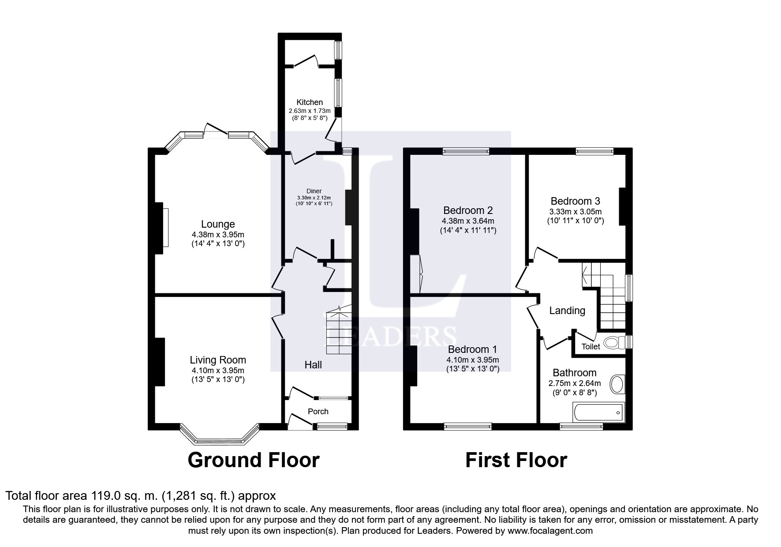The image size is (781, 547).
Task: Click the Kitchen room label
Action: pyautogui.click(x=310, y=102)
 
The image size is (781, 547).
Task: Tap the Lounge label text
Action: pyautogui.click(x=218, y=224)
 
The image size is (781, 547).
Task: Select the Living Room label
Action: pyautogui.click(x=218, y=360)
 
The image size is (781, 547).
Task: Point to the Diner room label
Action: pyautogui.click(x=314, y=191)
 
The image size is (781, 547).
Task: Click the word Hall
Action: pyautogui.click(x=313, y=365)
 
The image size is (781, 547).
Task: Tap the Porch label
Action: pyautogui.click(x=318, y=412)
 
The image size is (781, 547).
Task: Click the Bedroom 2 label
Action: pyautogui.click(x=468, y=210)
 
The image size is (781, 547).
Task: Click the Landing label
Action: pyautogui.click(x=567, y=311)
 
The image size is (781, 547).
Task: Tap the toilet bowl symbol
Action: pyautogui.click(x=614, y=342)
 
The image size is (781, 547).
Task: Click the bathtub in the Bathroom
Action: pyautogui.click(x=598, y=412)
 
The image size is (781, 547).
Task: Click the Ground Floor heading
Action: pyautogui.click(x=254, y=461)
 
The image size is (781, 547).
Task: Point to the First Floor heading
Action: pyautogui.click(x=516, y=461)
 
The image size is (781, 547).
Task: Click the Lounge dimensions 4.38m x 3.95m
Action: pyautogui.click(x=218, y=235)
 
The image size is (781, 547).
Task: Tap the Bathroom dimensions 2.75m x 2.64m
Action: pyautogui.click(x=574, y=383)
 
